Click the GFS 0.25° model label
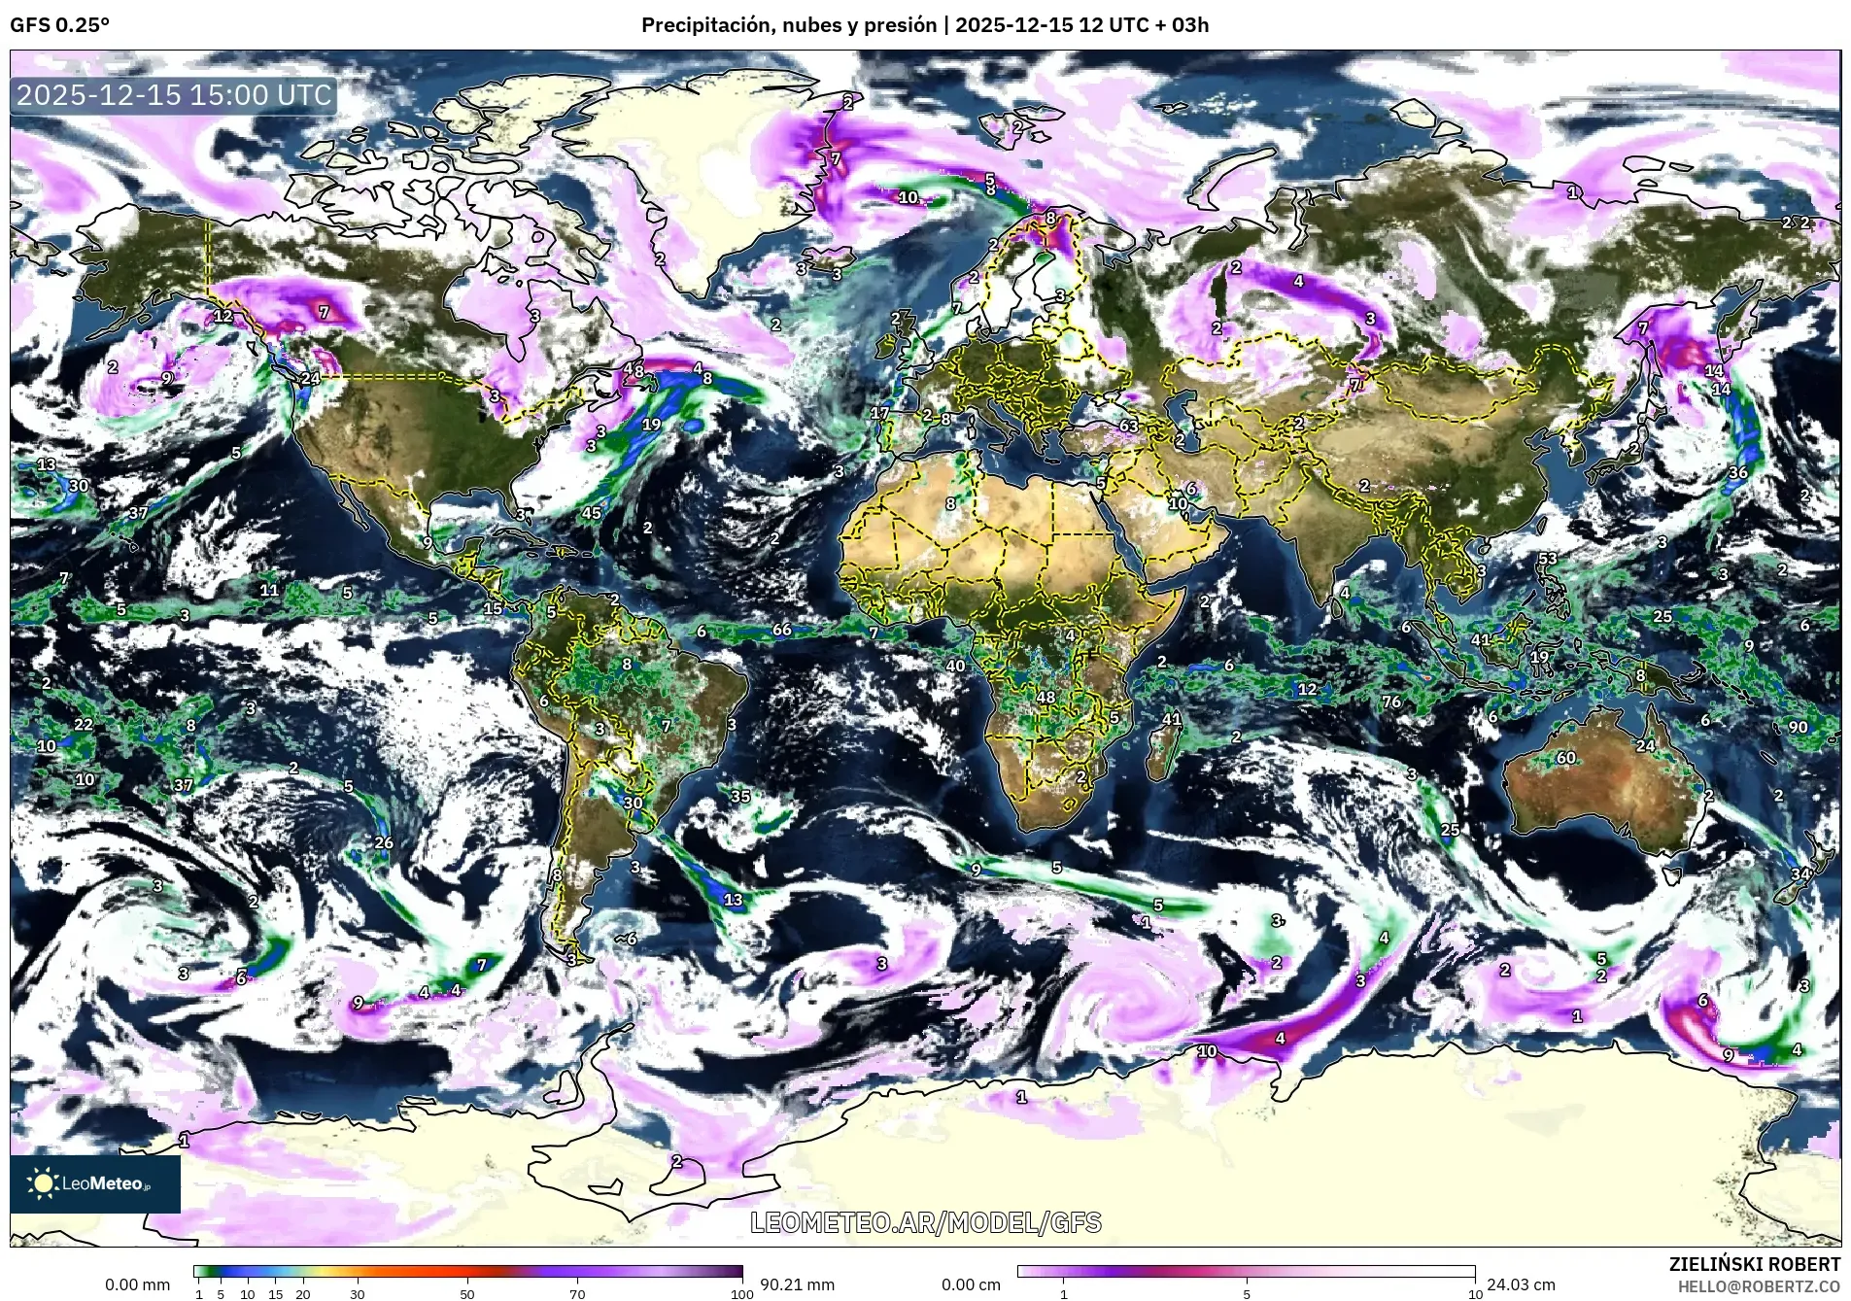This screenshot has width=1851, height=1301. tap(59, 25)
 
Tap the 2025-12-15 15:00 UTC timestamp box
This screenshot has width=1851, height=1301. tap(175, 95)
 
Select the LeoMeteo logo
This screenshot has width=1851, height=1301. tap(95, 1183)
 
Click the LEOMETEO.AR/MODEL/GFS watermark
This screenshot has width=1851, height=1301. tap(926, 1222)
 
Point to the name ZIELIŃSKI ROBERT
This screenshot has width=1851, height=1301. tap(1754, 1264)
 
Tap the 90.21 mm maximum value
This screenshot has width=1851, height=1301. tap(797, 1284)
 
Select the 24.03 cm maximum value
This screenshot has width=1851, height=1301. tap(1521, 1284)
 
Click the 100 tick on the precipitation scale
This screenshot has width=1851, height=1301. tap(741, 1293)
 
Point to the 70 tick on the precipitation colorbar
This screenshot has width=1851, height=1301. tap(577, 1293)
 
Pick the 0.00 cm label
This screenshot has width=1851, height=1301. tap(971, 1284)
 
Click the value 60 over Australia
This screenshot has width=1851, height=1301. tap(1565, 758)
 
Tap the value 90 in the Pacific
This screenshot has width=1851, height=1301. tap(1798, 727)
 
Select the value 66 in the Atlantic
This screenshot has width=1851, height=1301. tap(781, 630)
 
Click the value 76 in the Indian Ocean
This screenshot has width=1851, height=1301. tap(1391, 702)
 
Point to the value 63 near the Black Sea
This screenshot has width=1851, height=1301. tap(1128, 426)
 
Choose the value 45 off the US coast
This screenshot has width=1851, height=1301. tap(591, 513)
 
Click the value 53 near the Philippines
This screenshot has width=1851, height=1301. tap(1547, 559)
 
